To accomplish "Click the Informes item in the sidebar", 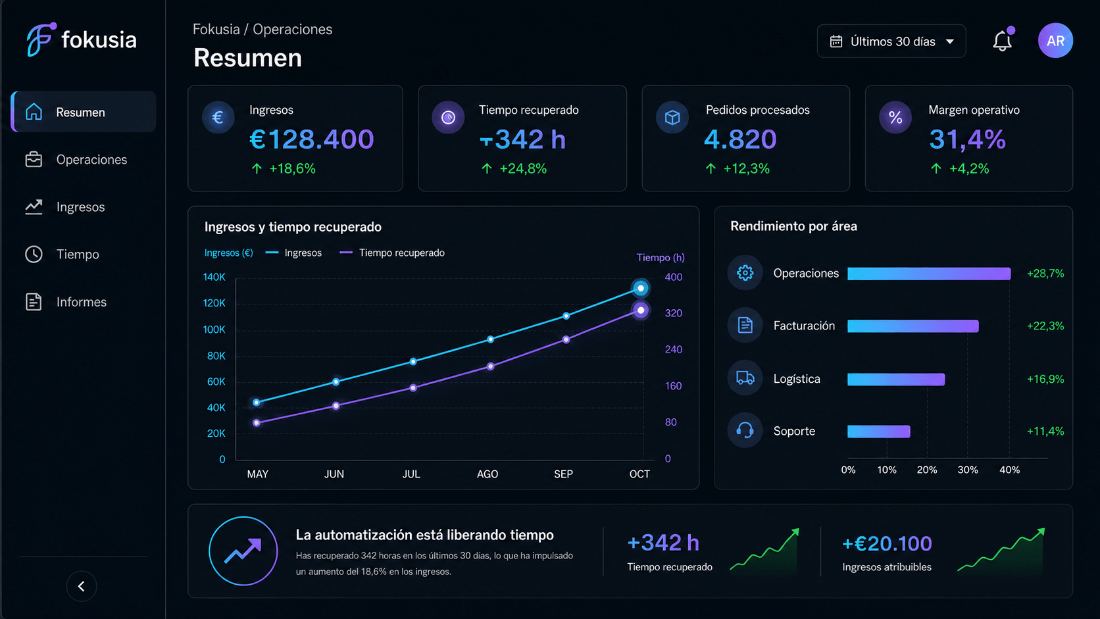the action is (66, 302).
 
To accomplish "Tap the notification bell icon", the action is (1002, 41).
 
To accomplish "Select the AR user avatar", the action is (1055, 41).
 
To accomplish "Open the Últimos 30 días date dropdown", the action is (891, 41).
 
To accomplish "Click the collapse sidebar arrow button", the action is (82, 586).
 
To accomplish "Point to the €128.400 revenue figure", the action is (312, 139).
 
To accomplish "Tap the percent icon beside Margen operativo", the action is (895, 117).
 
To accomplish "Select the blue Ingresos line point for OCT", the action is (640, 288).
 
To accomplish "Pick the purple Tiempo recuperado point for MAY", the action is (257, 423).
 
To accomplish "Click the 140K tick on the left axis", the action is (214, 278).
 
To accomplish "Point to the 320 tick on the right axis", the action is (673, 313).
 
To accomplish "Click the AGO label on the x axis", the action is (487, 474).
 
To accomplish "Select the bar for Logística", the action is (896, 380).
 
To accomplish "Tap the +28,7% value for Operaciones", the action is (1045, 274).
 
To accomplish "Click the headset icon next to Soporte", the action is (745, 430).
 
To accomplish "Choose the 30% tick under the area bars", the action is (967, 470).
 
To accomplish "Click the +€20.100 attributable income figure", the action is (887, 543).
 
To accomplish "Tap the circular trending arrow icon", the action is (243, 551).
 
